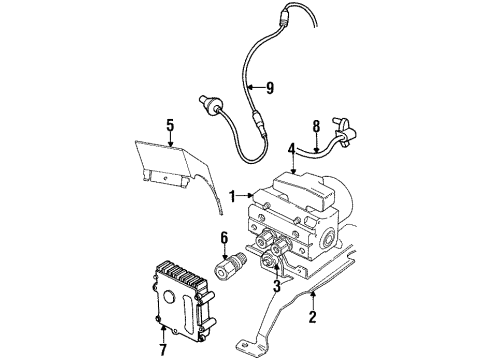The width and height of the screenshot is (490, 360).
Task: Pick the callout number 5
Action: click(x=169, y=125)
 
